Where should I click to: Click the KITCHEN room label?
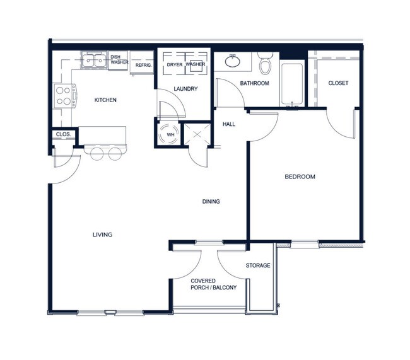(x=105, y=100)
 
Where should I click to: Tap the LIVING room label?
(x=102, y=235)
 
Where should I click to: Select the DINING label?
(x=211, y=202)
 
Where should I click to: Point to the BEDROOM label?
(x=299, y=177)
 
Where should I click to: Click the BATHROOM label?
(x=254, y=83)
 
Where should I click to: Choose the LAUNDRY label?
(x=185, y=89)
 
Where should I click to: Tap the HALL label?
(x=229, y=124)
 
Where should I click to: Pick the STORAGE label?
(x=258, y=265)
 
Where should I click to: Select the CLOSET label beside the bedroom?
(x=338, y=83)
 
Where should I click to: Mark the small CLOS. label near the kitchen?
(x=62, y=134)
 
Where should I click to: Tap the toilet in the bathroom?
(x=266, y=64)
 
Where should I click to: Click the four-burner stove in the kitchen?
(x=64, y=95)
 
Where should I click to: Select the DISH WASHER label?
(x=119, y=59)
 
